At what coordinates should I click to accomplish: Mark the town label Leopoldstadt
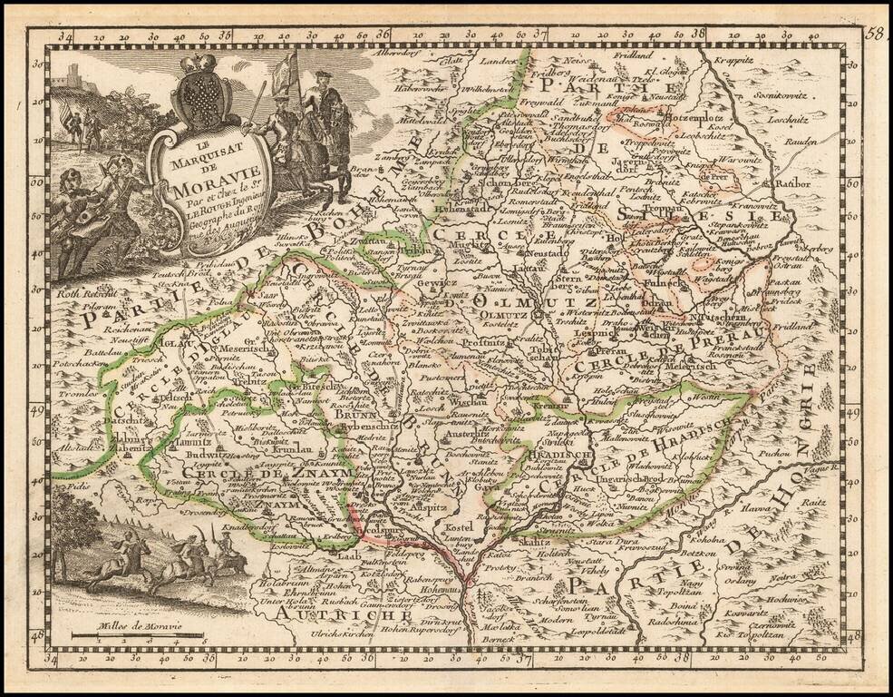click(597, 624)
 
